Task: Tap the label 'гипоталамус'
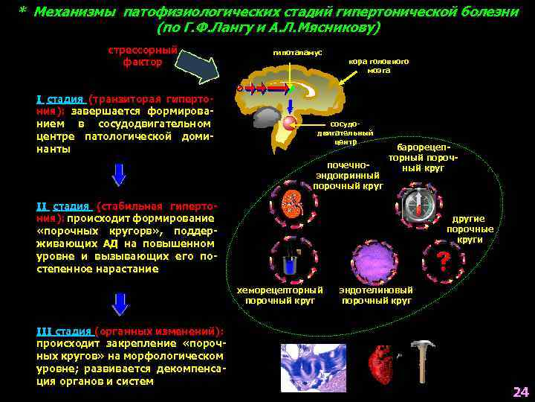pyautogui.click(x=297, y=53)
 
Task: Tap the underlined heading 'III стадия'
pyautogui.click(x=65, y=331)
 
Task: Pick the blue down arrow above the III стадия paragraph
pyautogui.click(x=119, y=303)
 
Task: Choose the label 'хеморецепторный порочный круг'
pyautogui.click(x=279, y=296)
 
